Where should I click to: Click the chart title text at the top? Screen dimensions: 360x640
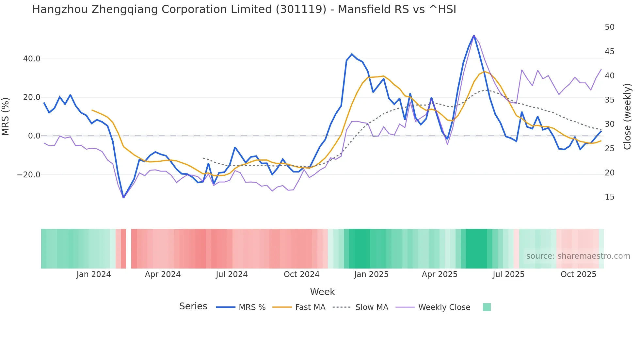[x=244, y=9]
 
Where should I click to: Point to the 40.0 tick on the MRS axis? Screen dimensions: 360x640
[x=32, y=59]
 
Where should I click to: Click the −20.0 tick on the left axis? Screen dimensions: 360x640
[x=29, y=175]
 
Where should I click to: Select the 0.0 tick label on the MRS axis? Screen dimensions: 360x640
[x=34, y=136]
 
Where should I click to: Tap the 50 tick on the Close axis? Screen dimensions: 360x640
[x=609, y=27]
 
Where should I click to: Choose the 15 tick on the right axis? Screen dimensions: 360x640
[x=609, y=197]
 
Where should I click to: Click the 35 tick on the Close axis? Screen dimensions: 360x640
[x=609, y=100]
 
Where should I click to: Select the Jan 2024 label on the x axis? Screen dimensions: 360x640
[x=94, y=274]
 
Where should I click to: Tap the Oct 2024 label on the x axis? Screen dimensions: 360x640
[x=301, y=274]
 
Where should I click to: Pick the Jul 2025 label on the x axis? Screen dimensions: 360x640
[x=508, y=274]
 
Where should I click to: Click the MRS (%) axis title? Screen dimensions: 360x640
[x=6, y=116]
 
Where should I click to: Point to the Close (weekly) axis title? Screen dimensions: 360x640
[x=627, y=116]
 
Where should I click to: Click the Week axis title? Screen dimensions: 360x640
[x=322, y=292]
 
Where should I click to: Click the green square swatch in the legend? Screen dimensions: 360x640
[x=487, y=307]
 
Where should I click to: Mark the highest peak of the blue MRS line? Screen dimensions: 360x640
[x=473, y=35]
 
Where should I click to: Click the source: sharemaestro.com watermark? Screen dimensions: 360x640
[x=578, y=256]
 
